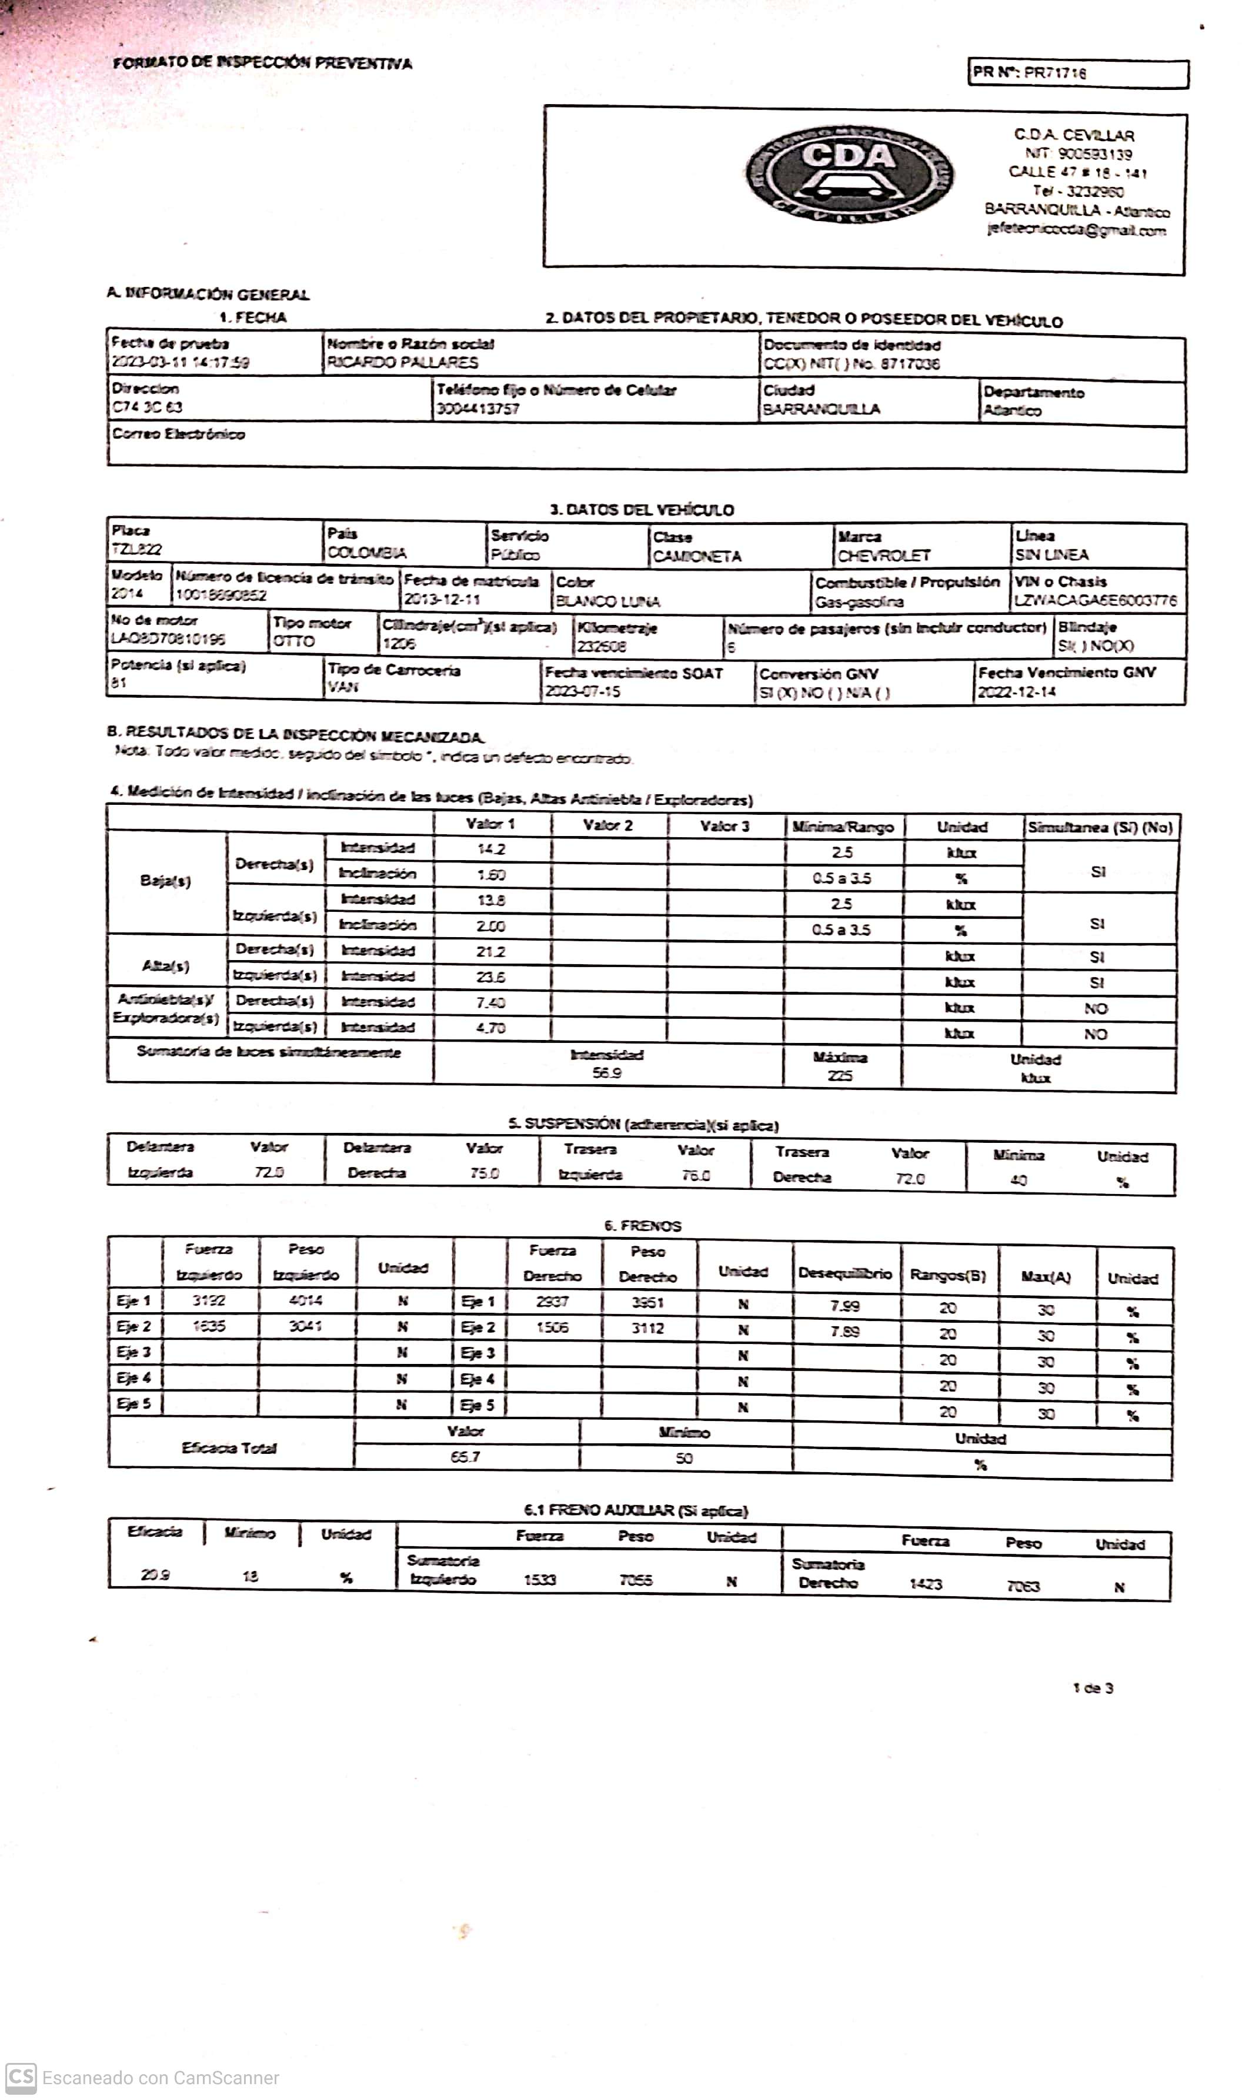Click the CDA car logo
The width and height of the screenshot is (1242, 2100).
(x=850, y=175)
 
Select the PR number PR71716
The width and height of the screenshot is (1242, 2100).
(x=1054, y=73)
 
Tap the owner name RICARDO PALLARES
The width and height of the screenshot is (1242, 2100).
(x=403, y=362)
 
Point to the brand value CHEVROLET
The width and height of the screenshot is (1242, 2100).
(x=884, y=556)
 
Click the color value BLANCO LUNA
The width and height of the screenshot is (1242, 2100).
(x=607, y=601)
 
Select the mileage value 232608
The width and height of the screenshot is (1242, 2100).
(x=601, y=646)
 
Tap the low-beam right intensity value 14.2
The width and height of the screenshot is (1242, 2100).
(x=490, y=849)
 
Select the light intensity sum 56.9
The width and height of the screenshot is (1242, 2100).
(x=607, y=1072)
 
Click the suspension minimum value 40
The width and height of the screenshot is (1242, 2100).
(x=1018, y=1181)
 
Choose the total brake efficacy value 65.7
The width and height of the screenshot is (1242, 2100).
(x=465, y=1457)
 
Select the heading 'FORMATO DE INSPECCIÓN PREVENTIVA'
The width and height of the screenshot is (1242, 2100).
(x=263, y=63)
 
